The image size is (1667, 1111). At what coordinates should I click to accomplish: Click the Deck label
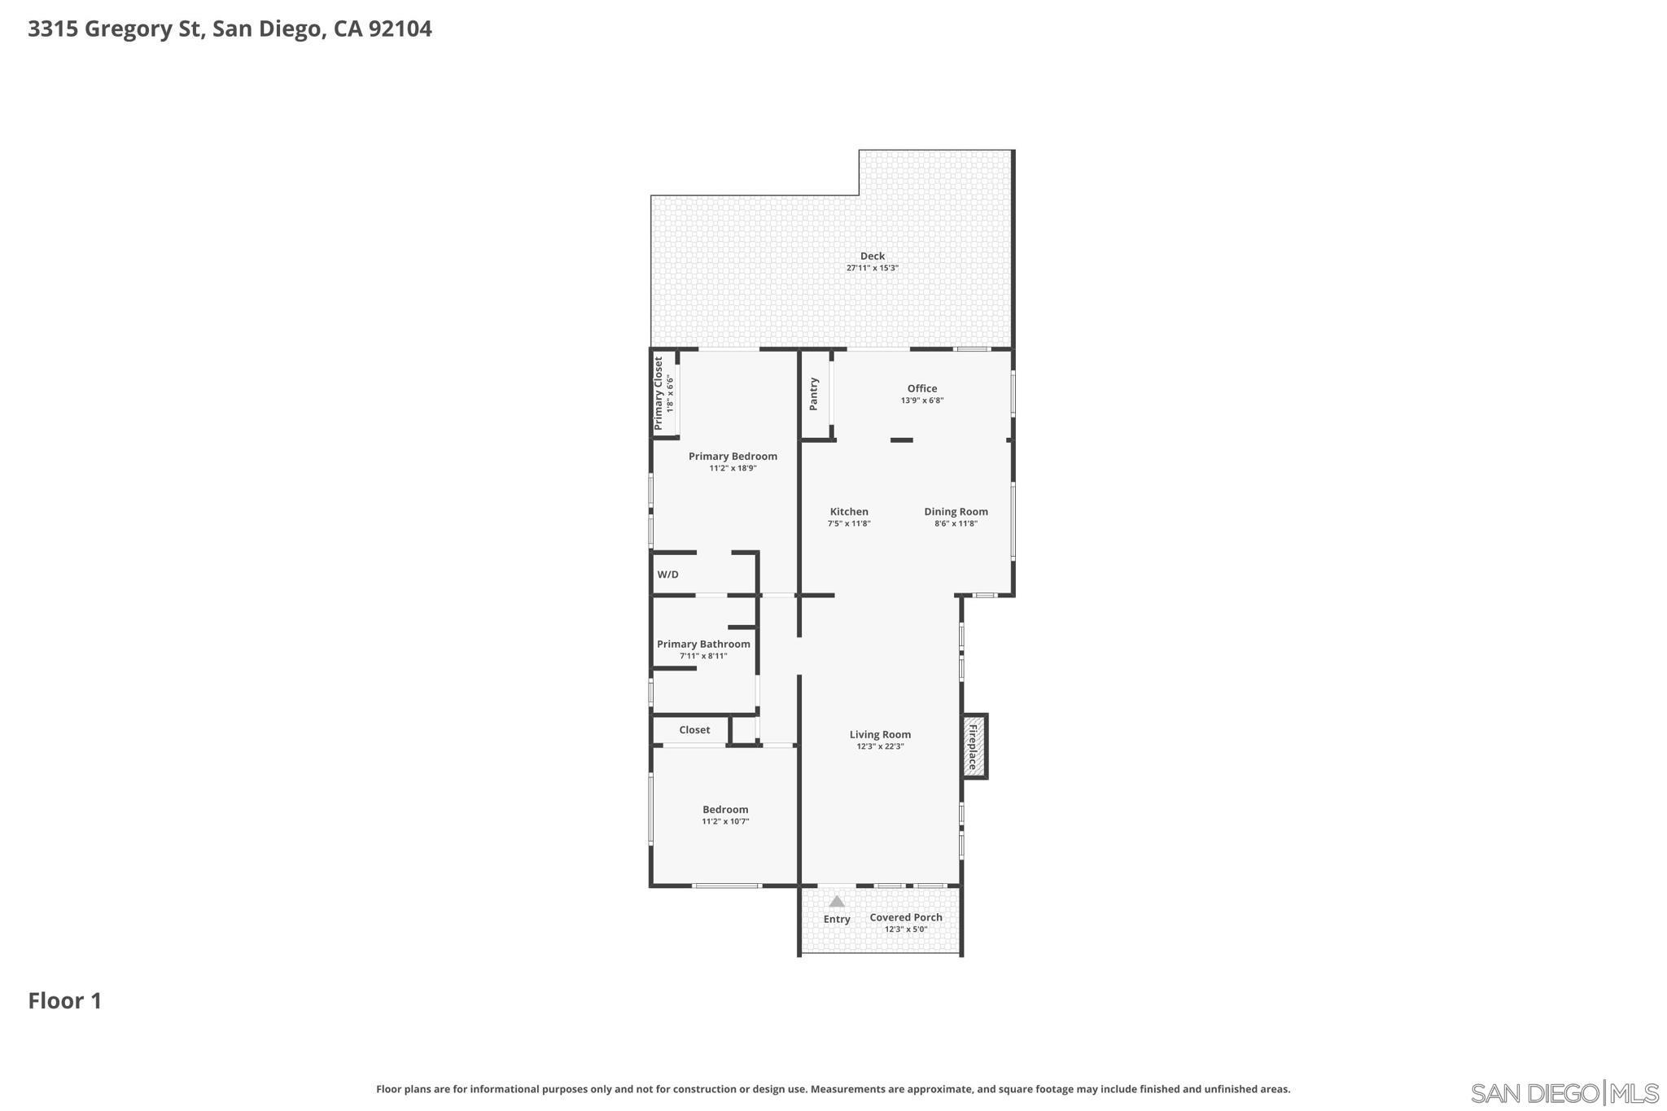tap(872, 256)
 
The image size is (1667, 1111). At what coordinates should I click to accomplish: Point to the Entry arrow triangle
tap(836, 901)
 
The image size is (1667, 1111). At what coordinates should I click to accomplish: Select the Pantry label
tap(813, 394)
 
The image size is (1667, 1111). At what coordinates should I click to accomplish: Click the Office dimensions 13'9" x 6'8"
tap(921, 400)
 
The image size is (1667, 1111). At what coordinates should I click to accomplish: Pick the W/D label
tap(667, 575)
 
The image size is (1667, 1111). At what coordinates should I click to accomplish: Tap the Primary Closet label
tap(658, 393)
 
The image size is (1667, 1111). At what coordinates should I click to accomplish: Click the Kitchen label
tap(848, 512)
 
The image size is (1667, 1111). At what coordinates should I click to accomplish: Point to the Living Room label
tap(879, 734)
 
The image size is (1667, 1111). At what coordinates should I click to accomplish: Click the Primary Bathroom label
tap(703, 644)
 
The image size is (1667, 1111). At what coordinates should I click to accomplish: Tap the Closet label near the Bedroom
tap(693, 730)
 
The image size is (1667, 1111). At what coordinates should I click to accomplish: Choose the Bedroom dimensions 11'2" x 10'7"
tap(724, 821)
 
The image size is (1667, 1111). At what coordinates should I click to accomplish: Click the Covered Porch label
tap(905, 917)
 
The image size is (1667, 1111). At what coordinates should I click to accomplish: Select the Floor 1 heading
tap(65, 1000)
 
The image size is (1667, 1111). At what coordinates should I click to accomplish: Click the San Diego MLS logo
tap(1564, 1092)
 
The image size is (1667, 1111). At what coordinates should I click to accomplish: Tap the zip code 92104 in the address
tap(400, 29)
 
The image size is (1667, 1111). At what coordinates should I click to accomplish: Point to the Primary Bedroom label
tap(732, 456)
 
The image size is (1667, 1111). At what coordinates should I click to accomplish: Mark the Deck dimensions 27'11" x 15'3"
tap(872, 268)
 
